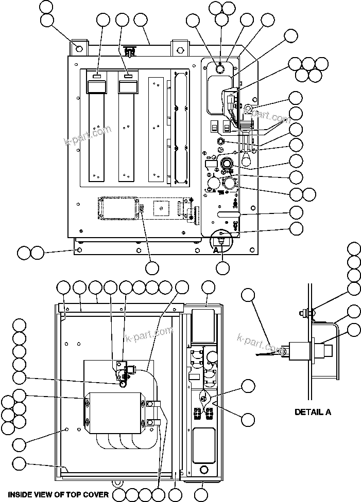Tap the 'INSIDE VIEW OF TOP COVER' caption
(x=58, y=494)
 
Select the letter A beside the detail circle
(x=217, y=249)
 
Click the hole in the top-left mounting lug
(x=78, y=49)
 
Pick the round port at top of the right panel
(x=219, y=68)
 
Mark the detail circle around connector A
(x=222, y=239)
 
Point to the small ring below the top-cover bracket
(x=124, y=384)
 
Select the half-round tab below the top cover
(x=118, y=483)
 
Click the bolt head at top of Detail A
(x=303, y=312)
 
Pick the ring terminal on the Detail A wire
(x=281, y=352)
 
